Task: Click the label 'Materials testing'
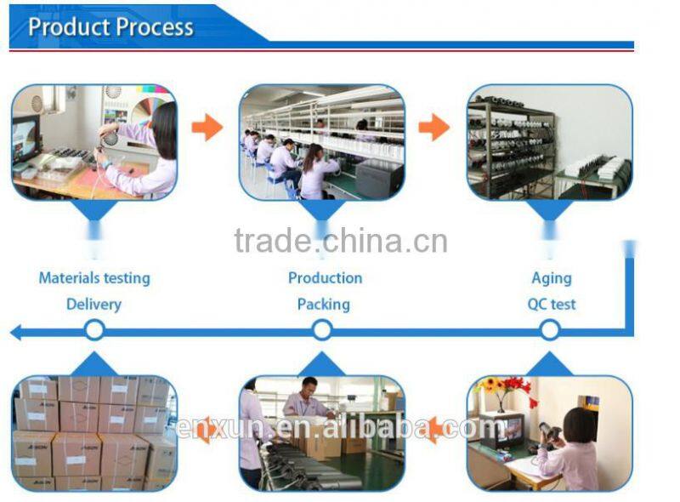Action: (94, 277)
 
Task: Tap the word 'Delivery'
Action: (93, 304)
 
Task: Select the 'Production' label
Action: (325, 277)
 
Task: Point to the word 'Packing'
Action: (323, 304)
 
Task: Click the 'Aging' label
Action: (552, 277)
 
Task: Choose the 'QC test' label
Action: (552, 304)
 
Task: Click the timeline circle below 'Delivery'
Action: (94, 329)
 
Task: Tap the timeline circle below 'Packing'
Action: (322, 329)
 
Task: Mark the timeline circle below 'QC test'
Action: (550, 329)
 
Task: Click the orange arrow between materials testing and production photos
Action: (207, 128)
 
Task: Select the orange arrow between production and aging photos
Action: (434, 128)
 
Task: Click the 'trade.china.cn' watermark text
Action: (340, 241)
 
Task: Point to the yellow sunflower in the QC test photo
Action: (491, 385)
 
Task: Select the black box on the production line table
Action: (379, 178)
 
